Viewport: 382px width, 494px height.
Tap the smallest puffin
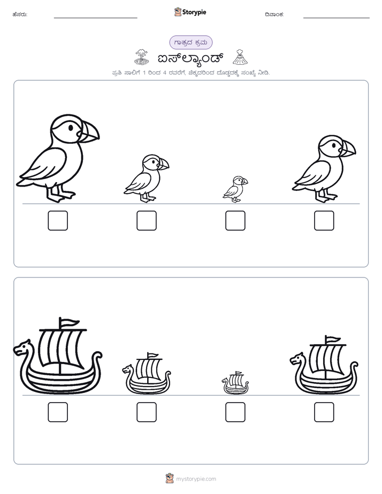click(235, 189)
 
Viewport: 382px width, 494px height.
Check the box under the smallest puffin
click(235, 220)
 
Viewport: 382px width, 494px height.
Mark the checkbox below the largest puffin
click(58, 220)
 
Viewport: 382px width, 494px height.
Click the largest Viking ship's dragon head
click(22, 348)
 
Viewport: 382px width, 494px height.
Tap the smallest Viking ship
click(235, 383)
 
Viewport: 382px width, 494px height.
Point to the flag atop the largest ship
click(70, 322)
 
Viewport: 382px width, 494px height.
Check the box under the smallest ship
click(235, 412)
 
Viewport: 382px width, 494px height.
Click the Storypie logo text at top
click(194, 12)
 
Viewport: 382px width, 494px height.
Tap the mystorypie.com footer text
click(196, 479)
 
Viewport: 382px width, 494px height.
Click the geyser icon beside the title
click(141, 57)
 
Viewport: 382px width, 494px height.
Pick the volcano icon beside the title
click(240, 57)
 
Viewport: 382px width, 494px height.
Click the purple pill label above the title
click(191, 43)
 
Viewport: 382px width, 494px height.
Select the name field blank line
click(95, 18)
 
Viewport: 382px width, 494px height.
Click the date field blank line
click(337, 18)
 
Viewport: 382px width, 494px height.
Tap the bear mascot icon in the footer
click(170, 478)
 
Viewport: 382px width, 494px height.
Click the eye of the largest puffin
click(71, 128)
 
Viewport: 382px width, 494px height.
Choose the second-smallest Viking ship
click(147, 374)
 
